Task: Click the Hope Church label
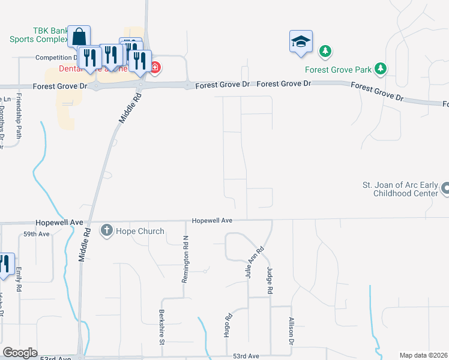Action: tap(140, 231)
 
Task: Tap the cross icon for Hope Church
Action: tap(107, 230)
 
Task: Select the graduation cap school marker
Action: tap(301, 42)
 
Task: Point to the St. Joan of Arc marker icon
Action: tap(445, 188)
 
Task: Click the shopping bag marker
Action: tap(79, 37)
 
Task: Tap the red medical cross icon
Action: tap(155, 67)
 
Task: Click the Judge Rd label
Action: tap(270, 280)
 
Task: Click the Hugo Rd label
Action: tap(228, 326)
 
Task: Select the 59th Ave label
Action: tap(36, 234)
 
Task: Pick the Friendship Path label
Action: tap(19, 116)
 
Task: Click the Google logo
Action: tap(20, 353)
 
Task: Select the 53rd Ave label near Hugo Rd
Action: tap(246, 356)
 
